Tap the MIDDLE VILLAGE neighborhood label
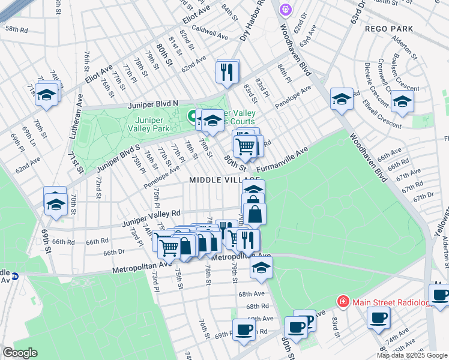pos(224,180)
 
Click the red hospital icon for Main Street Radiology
pos(343,301)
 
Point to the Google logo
pos(20,353)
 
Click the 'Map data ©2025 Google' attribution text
pos(412,355)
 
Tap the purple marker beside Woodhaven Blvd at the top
pos(285,9)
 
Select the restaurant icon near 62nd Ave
pos(228,71)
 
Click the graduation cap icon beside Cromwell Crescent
pos(402,100)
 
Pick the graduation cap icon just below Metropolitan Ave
pos(261,268)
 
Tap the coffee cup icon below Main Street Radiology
pos(378,318)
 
